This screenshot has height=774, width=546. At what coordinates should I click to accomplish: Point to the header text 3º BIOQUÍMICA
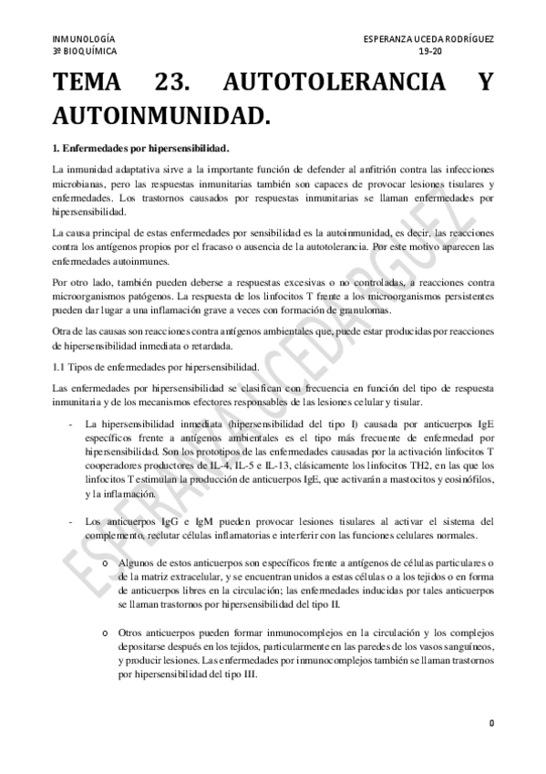85,53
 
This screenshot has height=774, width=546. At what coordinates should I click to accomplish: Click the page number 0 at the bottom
490,724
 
